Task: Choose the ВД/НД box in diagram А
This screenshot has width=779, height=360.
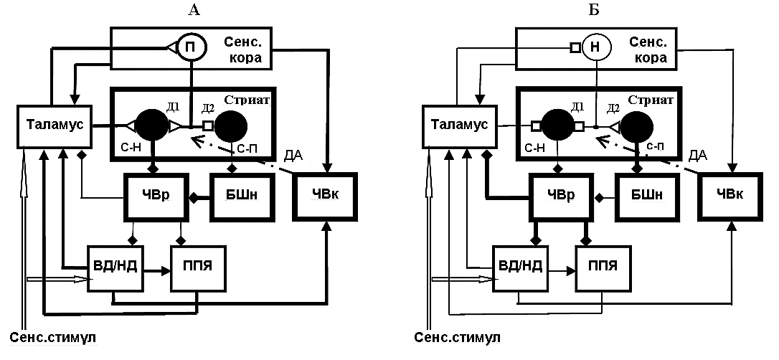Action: click(114, 269)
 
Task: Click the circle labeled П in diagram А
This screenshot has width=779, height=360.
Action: click(192, 47)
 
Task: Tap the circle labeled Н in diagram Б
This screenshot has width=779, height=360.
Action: click(596, 47)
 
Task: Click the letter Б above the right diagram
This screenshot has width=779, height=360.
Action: click(595, 9)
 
